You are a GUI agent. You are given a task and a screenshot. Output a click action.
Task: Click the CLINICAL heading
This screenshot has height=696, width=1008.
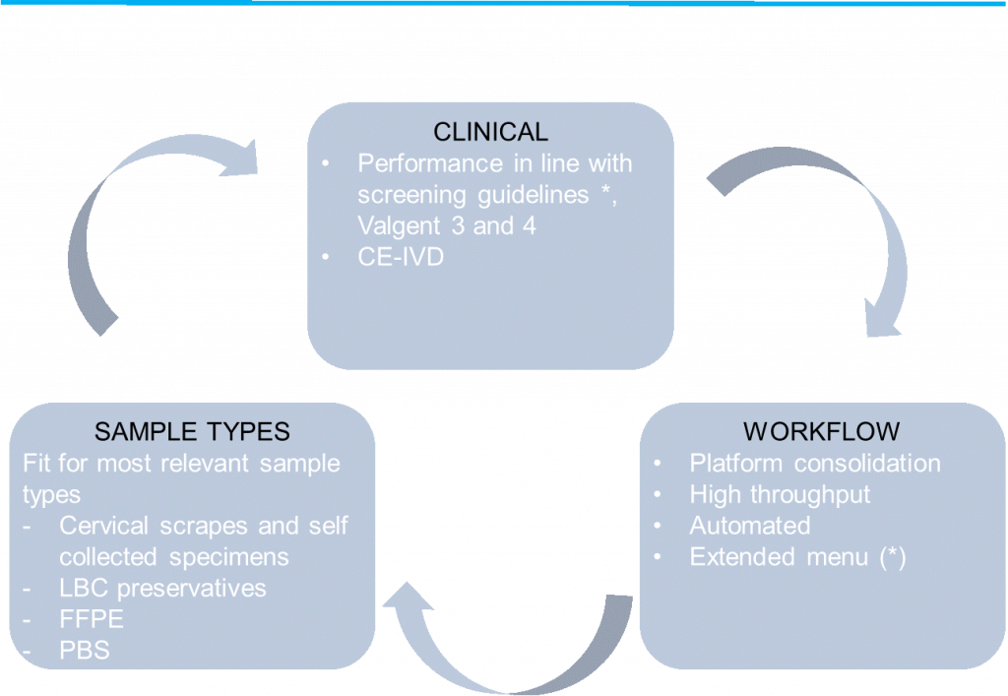pos(490,131)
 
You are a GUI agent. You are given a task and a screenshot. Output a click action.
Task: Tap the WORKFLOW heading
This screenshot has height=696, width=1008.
pos(821,431)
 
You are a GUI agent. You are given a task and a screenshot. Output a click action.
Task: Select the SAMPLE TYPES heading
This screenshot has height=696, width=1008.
pos(192,431)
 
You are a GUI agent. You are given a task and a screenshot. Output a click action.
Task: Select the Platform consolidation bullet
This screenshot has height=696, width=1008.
pos(814,463)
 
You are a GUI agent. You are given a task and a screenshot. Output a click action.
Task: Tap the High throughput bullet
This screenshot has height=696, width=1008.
pos(780,494)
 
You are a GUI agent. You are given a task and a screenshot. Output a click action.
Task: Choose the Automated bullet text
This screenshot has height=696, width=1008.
pos(749,526)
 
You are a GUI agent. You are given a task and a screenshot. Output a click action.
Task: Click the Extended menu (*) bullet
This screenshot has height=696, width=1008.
pos(797,557)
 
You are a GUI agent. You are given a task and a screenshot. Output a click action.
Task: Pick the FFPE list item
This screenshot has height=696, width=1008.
pos(91,619)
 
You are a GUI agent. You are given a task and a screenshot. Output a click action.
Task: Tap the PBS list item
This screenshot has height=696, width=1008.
pos(84,651)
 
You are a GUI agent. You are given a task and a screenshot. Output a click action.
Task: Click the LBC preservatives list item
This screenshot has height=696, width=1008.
pos(162,588)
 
